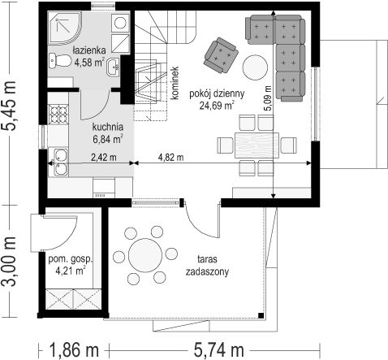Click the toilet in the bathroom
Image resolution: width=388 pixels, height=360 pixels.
point(59,60)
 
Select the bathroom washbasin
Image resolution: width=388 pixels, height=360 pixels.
point(113,67)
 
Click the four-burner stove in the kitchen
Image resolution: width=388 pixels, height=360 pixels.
point(58,114)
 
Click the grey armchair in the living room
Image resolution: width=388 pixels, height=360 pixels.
point(221,55)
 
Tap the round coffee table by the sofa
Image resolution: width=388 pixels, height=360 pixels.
point(255,67)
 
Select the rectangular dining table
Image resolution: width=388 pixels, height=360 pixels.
point(257,145)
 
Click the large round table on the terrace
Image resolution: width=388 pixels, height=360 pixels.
point(145,255)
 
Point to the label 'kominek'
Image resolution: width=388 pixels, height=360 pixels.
point(175,83)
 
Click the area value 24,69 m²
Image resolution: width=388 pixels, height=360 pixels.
point(217,105)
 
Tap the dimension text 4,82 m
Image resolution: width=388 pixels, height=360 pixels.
point(170,157)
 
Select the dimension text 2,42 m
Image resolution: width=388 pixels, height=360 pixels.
point(104,157)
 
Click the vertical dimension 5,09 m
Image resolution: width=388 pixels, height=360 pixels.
point(268,98)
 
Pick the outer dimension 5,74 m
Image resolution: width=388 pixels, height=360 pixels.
point(219,349)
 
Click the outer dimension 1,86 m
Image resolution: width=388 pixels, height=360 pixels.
point(74,349)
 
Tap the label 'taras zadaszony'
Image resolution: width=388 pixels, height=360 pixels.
point(207,265)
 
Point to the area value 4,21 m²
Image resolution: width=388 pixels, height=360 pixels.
point(71,271)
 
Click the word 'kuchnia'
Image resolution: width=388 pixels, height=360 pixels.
point(108,127)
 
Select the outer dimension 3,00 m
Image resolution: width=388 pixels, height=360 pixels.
point(9,261)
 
